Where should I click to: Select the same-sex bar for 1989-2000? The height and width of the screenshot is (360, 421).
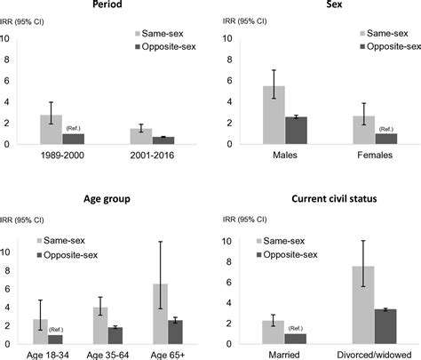pos(51,130)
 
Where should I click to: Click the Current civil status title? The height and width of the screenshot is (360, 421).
pos(317,202)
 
